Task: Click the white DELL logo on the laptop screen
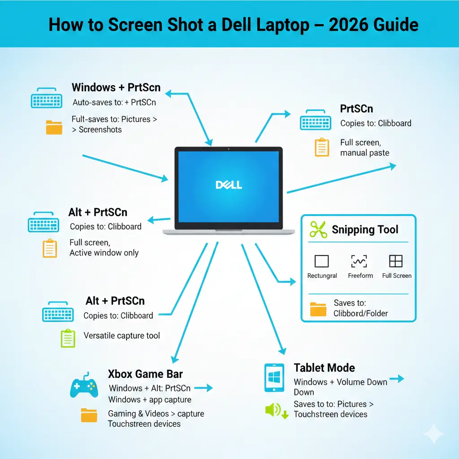pyautogui.click(x=229, y=185)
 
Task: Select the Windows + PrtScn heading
pyautogui.click(x=116, y=87)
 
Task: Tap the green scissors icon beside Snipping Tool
pyautogui.click(x=318, y=230)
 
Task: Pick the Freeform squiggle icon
pyautogui.click(x=359, y=261)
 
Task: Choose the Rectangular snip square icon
pyautogui.click(x=321, y=261)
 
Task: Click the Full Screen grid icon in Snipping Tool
pyautogui.click(x=396, y=261)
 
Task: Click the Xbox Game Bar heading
pyautogui.click(x=145, y=374)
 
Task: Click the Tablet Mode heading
pyautogui.click(x=324, y=368)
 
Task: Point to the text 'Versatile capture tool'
pyautogui.click(x=121, y=335)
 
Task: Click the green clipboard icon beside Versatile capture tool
pyautogui.click(x=67, y=337)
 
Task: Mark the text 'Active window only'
pyautogui.click(x=104, y=253)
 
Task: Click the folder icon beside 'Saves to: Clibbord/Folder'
pyautogui.click(x=318, y=309)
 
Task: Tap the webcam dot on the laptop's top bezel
pyautogui.click(x=229, y=149)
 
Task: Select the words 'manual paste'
pyautogui.click(x=364, y=153)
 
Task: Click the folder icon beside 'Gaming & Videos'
pyautogui.click(x=89, y=416)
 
